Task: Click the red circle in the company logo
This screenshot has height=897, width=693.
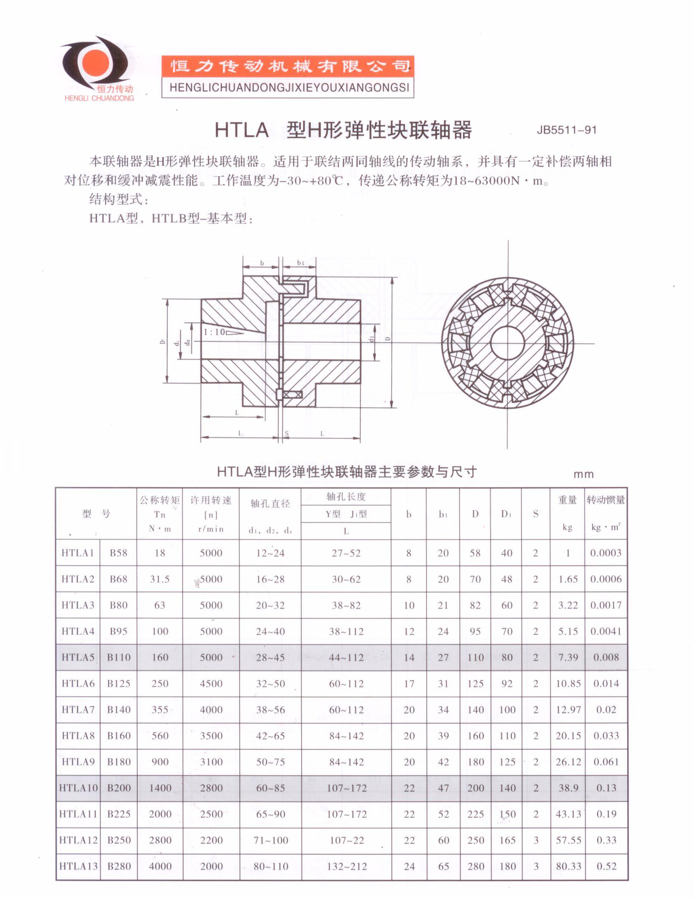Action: [96, 63]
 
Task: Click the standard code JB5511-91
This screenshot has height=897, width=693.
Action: [566, 130]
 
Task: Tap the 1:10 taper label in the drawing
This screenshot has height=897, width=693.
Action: [214, 332]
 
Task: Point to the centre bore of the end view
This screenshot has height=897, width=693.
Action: [507, 343]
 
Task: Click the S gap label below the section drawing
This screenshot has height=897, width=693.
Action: [286, 433]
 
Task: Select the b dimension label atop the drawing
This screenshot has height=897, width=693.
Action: [262, 263]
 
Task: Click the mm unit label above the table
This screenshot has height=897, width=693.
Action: [583, 474]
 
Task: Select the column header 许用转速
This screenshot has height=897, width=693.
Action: [211, 500]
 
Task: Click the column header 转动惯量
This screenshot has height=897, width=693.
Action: [605, 500]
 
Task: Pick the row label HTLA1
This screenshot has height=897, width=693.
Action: [78, 553]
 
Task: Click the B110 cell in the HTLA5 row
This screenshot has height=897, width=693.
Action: [119, 657]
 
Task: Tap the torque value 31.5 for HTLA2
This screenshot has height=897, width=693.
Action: [160, 579]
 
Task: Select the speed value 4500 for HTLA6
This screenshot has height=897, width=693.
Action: [211, 683]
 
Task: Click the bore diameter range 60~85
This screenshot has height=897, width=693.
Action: [270, 788]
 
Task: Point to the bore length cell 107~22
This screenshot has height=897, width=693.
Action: [346, 840]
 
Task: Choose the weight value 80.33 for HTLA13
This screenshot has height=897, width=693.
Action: [568, 866]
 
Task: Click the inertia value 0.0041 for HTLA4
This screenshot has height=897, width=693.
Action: [605, 631]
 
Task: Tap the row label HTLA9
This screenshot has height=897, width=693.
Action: [78, 761]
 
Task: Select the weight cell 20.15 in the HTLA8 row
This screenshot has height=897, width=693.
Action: [568, 735]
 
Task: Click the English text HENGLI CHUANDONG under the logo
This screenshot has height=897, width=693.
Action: [99, 98]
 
